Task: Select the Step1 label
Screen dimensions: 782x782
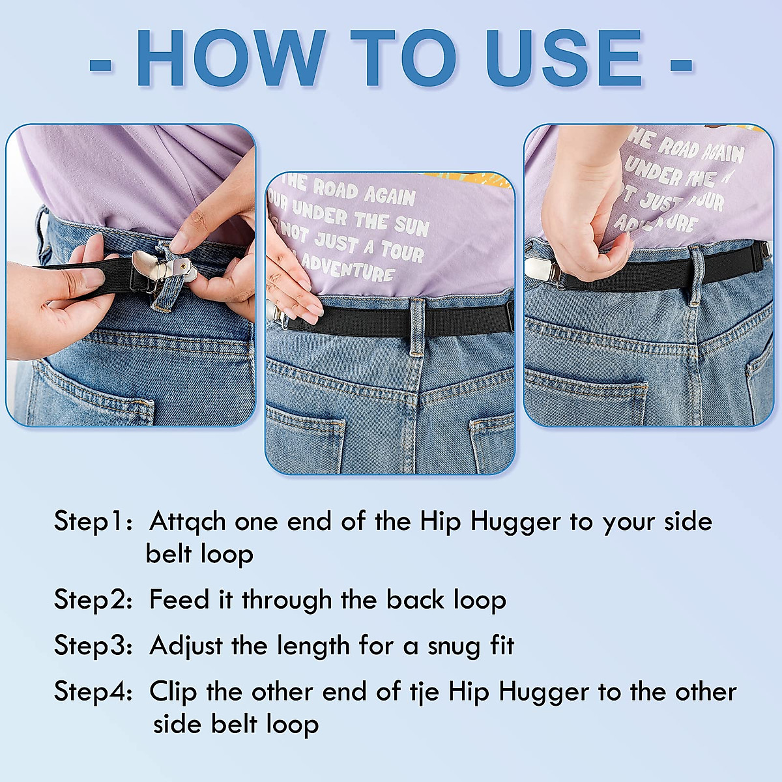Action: pyautogui.click(x=91, y=522)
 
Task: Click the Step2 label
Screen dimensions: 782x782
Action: pyautogui.click(x=91, y=600)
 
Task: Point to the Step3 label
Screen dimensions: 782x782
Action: pyautogui.click(x=91, y=646)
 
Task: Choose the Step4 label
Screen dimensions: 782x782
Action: pyautogui.click(x=91, y=691)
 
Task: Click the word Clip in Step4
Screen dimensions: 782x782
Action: pyautogui.click(x=173, y=692)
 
